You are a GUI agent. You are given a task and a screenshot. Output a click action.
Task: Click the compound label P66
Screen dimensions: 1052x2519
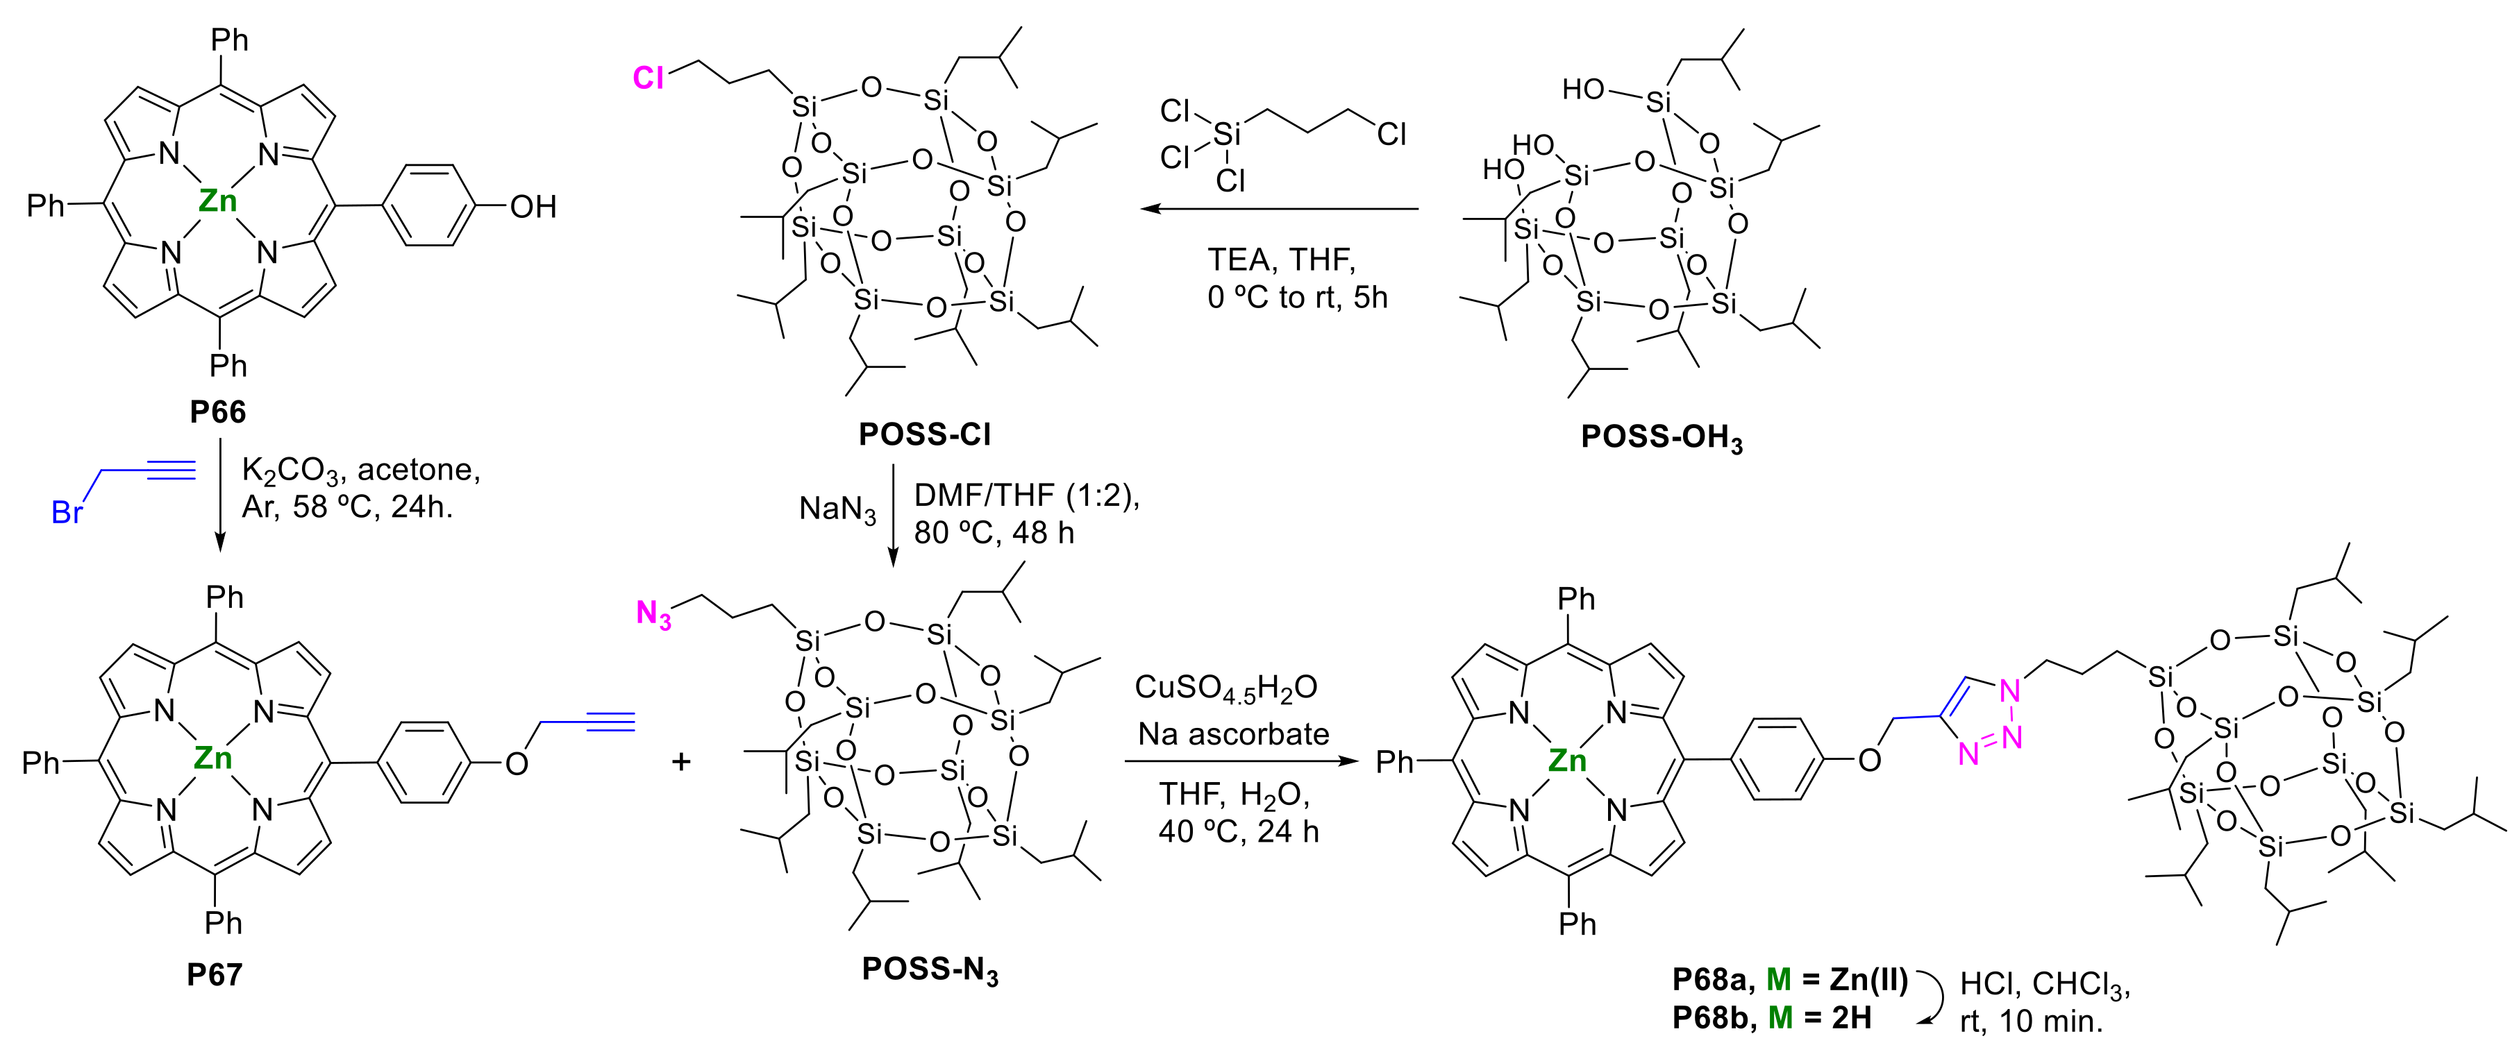217,412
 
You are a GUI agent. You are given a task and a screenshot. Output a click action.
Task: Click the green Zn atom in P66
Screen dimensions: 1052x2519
217,201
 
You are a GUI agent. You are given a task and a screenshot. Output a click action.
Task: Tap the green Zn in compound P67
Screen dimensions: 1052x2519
212,758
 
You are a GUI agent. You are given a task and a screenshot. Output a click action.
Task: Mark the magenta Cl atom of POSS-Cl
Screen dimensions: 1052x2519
648,77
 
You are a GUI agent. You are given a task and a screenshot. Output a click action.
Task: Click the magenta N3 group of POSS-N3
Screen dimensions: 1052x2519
653,614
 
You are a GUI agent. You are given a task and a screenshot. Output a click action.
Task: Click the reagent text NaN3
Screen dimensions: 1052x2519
837,509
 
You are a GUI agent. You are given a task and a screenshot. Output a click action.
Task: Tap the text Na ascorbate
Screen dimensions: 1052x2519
1233,733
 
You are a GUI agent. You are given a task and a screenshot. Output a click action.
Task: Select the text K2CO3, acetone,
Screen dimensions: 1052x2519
361,470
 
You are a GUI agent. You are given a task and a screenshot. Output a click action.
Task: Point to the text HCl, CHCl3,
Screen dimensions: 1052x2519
2045,983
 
